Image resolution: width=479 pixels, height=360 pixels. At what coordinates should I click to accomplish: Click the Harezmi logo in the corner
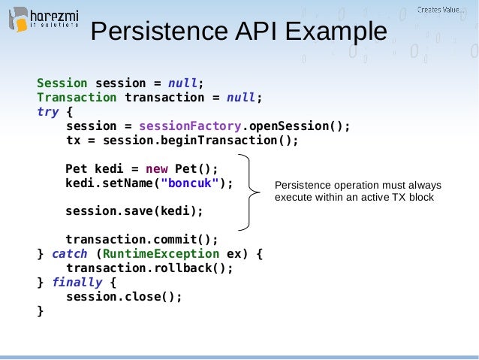click(44, 18)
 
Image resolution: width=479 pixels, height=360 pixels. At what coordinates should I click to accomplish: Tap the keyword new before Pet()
click(157, 168)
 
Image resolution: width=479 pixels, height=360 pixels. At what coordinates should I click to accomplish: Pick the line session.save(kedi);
click(134, 211)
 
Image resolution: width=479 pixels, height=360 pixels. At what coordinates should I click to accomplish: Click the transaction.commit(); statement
click(142, 240)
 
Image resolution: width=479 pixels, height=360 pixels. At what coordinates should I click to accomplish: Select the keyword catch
click(69, 254)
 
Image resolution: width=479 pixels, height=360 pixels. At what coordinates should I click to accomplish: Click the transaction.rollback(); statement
click(149, 268)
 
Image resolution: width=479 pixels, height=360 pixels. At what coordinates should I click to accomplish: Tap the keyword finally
click(77, 283)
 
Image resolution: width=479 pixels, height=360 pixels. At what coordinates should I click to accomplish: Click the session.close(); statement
click(124, 296)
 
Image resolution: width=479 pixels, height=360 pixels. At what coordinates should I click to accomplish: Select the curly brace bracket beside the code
click(251, 192)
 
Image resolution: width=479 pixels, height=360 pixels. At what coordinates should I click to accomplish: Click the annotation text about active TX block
click(357, 192)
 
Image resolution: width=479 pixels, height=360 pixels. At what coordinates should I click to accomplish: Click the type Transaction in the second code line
click(77, 97)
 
